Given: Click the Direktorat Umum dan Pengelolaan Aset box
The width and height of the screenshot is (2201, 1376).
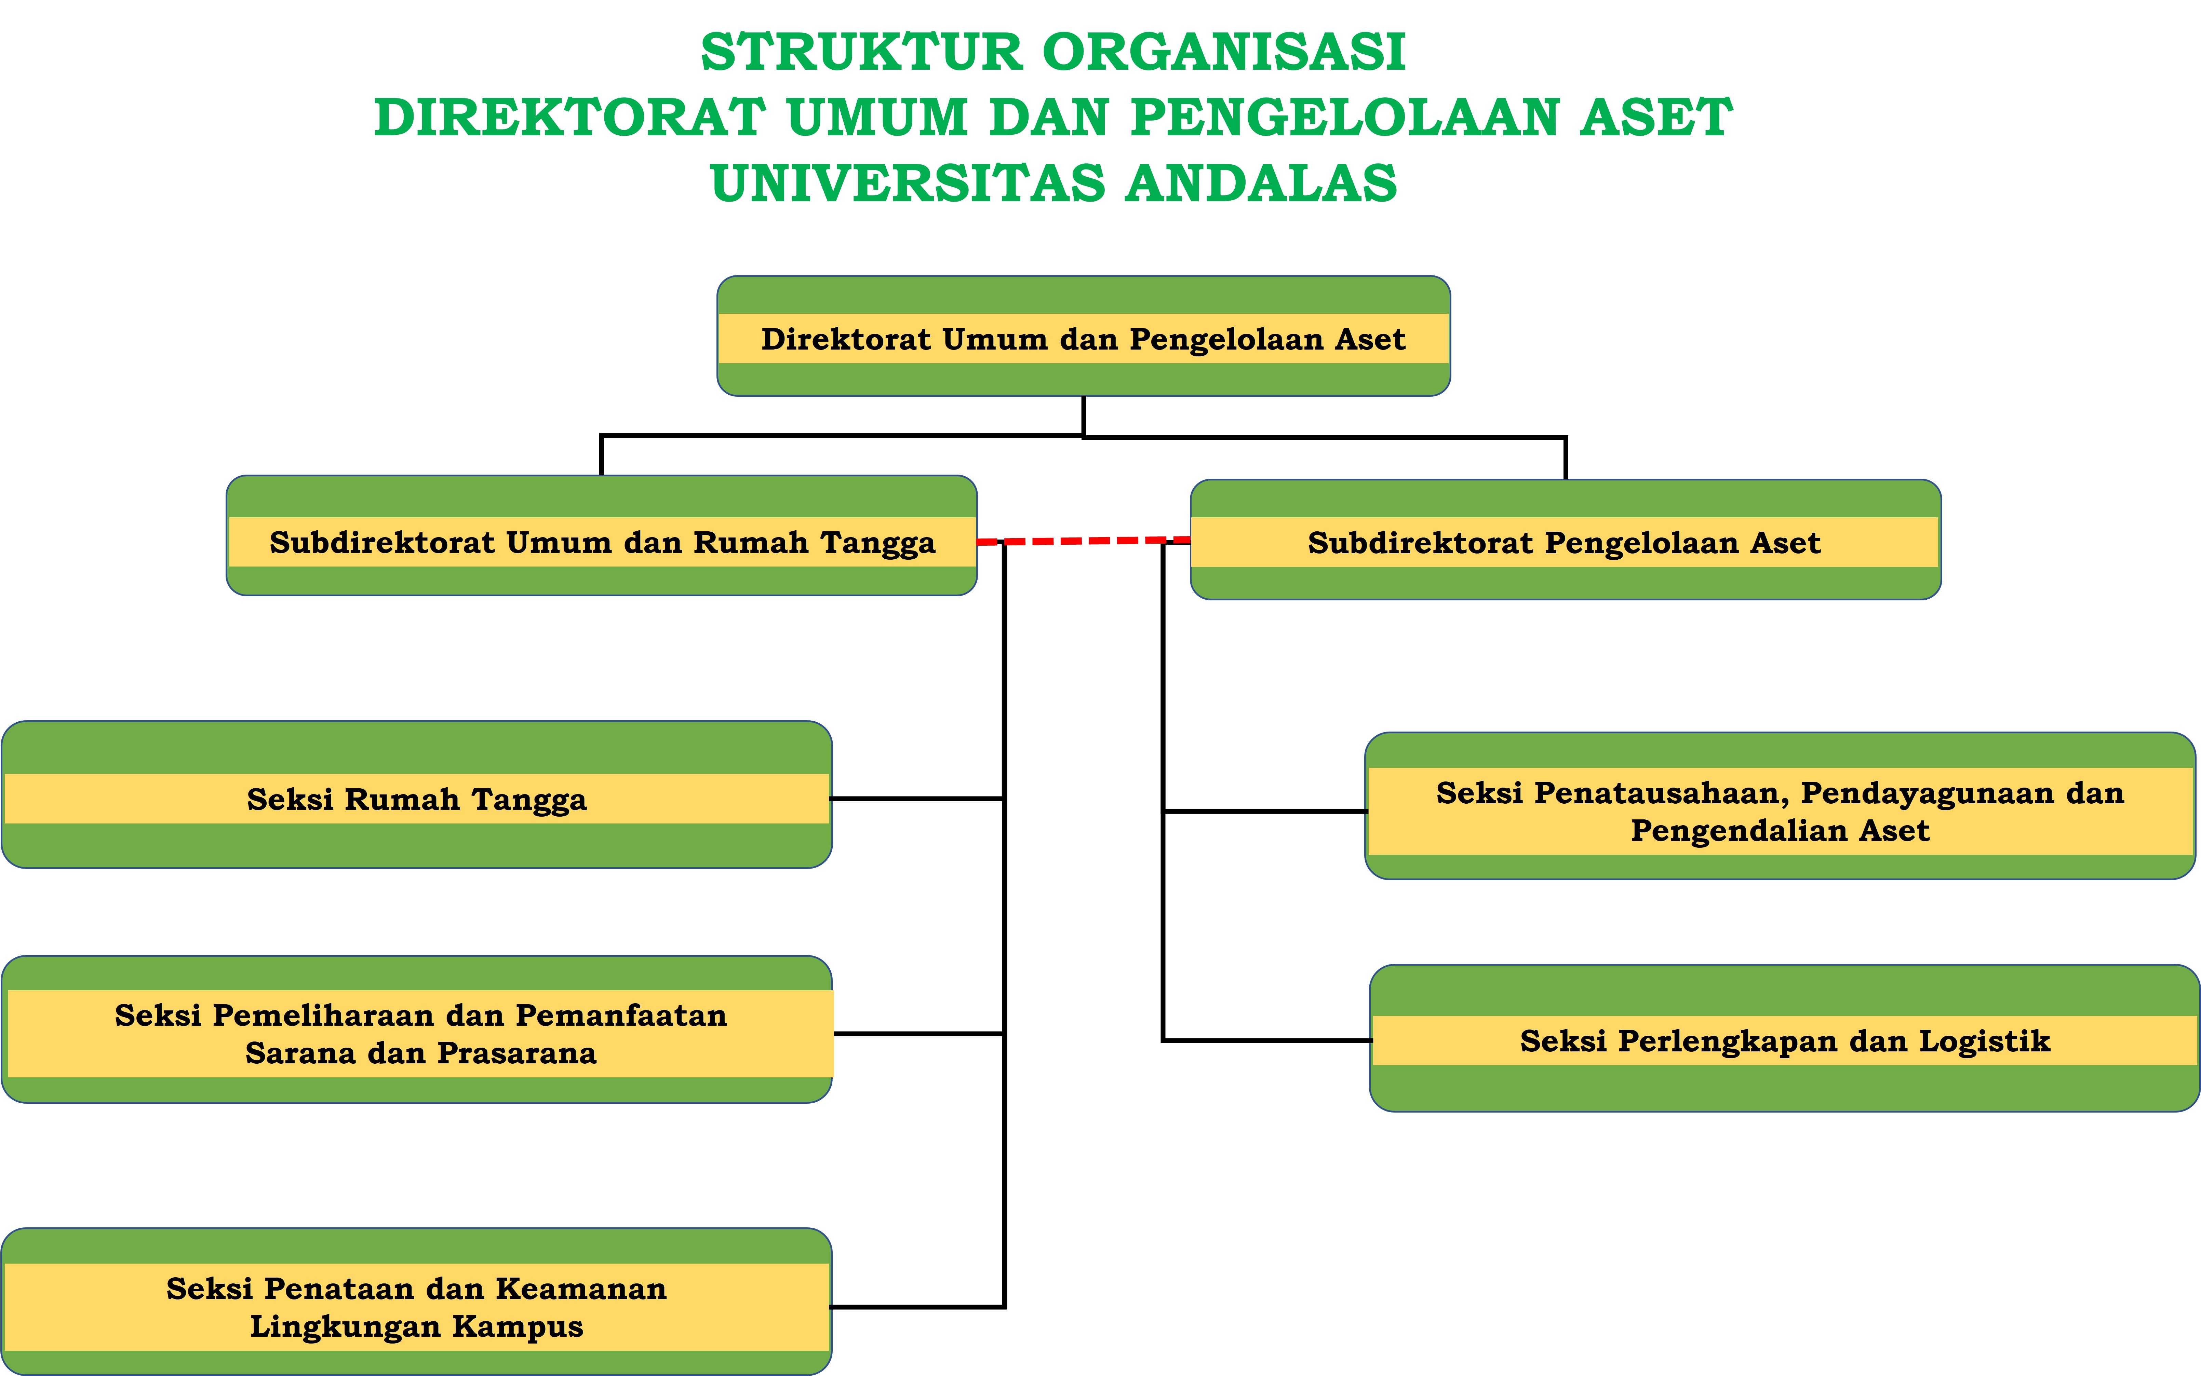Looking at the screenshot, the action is point(1083,336).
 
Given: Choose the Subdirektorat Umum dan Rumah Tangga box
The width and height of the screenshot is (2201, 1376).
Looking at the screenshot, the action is point(602,535).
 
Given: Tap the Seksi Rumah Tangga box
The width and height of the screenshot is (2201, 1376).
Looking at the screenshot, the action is point(417,794).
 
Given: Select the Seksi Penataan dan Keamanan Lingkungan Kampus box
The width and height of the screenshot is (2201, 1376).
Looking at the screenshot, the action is point(417,1302).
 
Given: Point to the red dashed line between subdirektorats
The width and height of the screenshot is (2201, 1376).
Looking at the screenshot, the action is point(1083,541).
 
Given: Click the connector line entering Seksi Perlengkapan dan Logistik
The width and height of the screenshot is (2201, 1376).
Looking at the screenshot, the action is point(1267,1039).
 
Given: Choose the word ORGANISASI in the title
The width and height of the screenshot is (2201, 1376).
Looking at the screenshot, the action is point(1224,52).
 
